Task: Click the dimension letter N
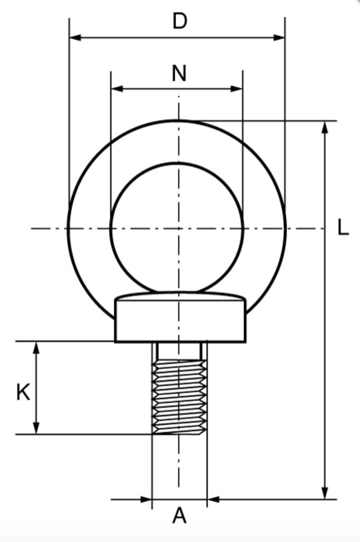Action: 179,74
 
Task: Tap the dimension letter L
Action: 343,228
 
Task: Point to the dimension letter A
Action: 180,516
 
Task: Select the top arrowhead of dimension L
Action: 324,127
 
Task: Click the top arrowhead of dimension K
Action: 36,347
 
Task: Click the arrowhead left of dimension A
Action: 147,500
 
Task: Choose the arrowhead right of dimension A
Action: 213,500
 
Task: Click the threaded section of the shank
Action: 179,397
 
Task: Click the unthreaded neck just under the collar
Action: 179,350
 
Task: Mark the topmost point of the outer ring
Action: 177,120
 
